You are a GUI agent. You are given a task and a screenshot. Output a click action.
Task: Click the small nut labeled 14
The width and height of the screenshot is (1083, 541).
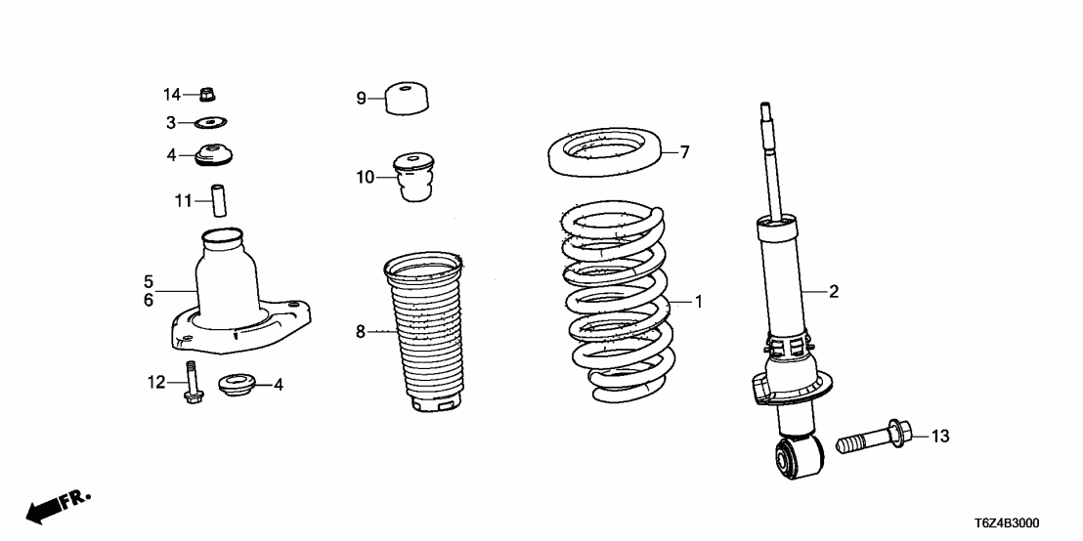click(207, 95)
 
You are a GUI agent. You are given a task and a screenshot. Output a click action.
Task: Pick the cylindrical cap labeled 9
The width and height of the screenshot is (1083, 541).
click(409, 99)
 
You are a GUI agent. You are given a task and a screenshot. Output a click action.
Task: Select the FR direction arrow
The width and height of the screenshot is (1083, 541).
click(57, 506)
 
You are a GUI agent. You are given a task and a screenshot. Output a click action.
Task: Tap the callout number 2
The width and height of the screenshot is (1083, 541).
click(834, 290)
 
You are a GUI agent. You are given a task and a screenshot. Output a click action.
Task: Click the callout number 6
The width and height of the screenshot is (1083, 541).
click(149, 301)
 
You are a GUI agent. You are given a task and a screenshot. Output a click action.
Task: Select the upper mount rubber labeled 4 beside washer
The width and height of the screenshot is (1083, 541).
click(214, 155)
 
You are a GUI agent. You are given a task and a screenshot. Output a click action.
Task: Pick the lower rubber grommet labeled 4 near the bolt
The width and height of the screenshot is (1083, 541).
click(237, 384)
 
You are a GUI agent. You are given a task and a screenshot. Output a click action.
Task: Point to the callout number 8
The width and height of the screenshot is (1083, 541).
click(361, 333)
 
